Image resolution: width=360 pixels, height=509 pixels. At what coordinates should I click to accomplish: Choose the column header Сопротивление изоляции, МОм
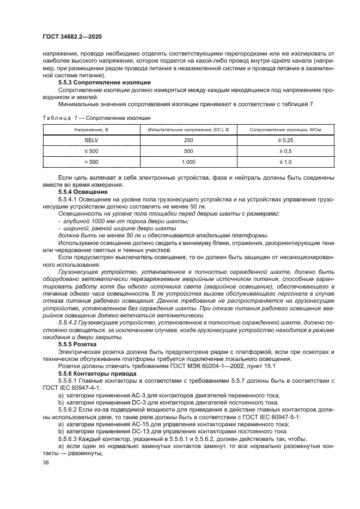285,130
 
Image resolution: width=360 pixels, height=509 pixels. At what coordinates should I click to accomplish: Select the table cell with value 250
188,140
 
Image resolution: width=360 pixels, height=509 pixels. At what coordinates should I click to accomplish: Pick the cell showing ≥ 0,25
285,140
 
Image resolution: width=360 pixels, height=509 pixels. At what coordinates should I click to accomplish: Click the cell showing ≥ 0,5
285,151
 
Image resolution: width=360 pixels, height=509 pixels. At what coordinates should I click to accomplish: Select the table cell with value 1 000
188,162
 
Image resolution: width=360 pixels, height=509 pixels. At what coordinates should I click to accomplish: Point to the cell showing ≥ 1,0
285,162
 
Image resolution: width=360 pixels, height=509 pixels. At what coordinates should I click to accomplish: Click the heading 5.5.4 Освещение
83,192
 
